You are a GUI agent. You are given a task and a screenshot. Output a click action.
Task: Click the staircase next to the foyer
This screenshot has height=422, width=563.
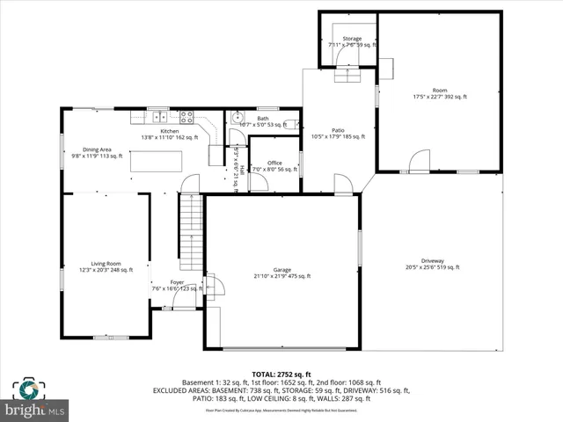(191, 233)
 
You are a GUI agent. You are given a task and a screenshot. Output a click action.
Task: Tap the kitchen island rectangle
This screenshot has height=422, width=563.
(157, 163)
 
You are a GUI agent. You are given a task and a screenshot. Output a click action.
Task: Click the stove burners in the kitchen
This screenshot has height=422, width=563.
(186, 115)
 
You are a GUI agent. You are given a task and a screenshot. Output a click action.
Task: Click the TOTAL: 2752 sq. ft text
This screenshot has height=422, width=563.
(281, 375)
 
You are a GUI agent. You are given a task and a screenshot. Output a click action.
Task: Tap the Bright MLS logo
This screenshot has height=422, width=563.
(35, 400)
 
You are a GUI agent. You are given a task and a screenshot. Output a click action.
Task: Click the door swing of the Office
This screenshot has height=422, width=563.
(259, 182)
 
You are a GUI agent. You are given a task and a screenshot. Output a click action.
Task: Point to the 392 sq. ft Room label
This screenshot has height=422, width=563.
(440, 93)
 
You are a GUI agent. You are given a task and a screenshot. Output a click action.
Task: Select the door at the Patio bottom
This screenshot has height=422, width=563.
(343, 185)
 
